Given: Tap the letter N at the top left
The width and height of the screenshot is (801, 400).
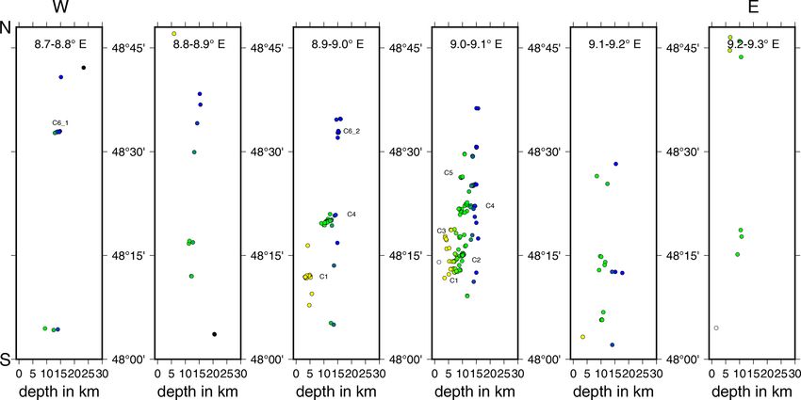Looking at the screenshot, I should pos(6,29).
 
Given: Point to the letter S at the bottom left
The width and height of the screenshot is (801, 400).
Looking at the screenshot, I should pos(6,359).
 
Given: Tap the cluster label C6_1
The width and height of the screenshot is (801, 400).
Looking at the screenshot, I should pos(60,123).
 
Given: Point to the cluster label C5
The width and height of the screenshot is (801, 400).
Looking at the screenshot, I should pos(449,174).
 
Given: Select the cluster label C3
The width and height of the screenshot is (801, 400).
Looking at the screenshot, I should pos(441,231).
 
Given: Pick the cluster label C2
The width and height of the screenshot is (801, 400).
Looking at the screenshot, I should pos(476,260).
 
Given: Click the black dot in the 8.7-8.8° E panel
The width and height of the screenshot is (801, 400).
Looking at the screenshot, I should pos(84,68).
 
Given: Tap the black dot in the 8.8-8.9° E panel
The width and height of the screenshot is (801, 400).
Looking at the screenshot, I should pos(214,334).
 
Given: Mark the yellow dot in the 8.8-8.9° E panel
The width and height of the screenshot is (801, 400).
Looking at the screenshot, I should pos(174,34).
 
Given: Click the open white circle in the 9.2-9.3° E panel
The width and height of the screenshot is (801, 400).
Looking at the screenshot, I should pos(716,328).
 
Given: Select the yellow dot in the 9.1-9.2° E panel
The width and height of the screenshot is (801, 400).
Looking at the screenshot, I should pos(583,337).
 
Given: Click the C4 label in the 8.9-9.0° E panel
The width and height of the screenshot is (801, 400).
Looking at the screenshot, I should pos(351,216).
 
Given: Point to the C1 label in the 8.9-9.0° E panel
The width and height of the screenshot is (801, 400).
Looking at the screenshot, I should pos(323,277).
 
